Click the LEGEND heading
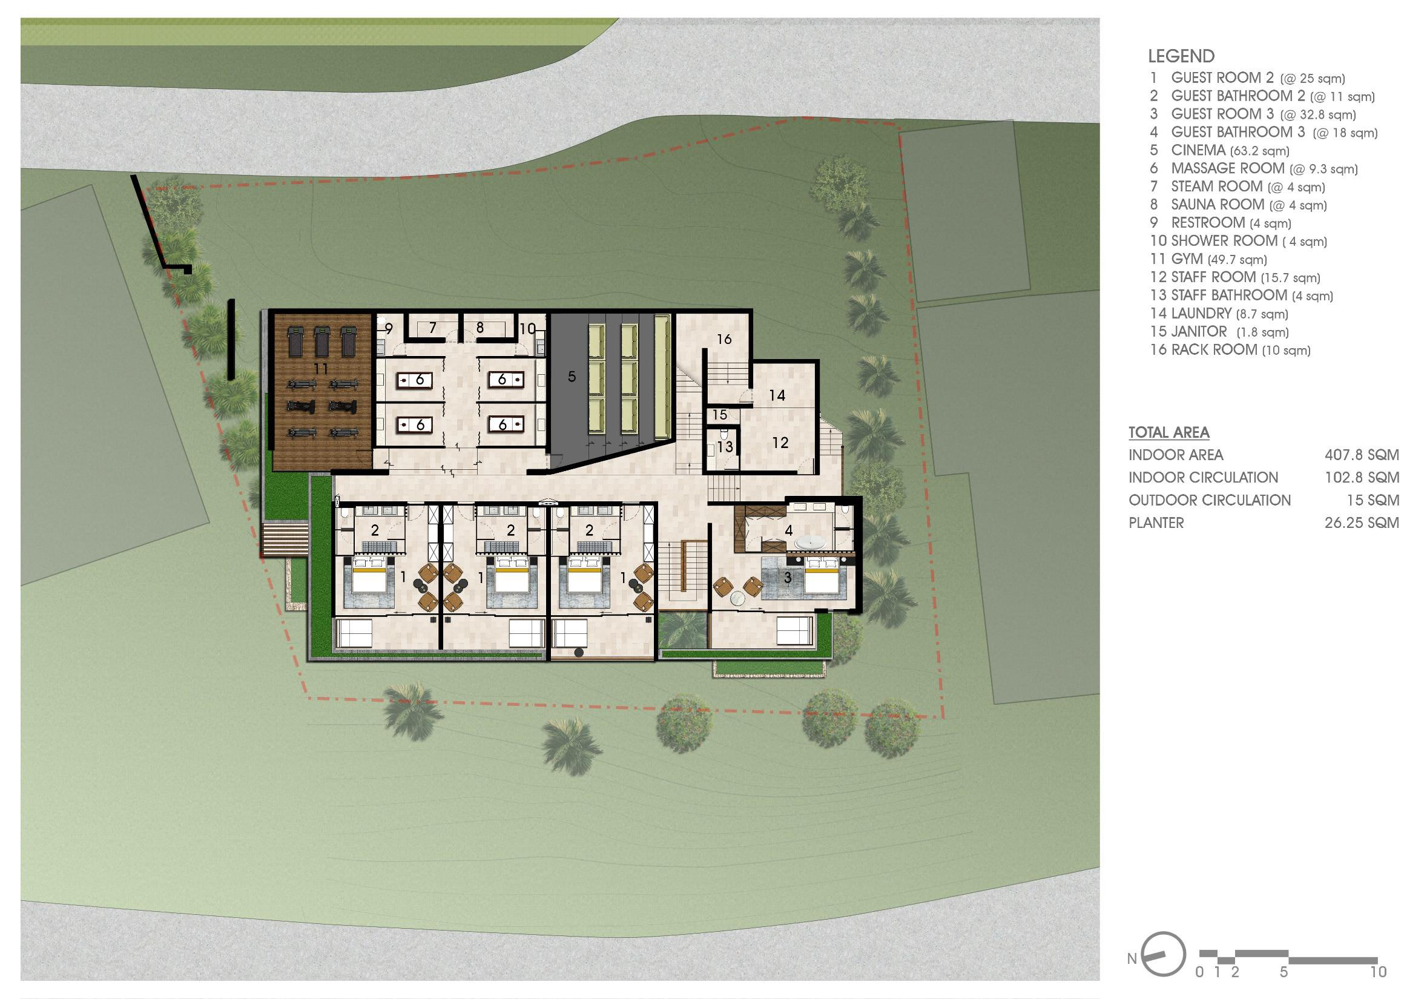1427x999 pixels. coord(1181,56)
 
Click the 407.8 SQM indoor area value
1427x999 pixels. coord(1362,455)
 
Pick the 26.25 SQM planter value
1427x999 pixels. coord(1362,523)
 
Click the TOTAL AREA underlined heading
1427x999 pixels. coord(1169,433)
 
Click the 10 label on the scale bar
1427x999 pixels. coord(1378,972)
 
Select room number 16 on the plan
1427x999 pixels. coord(724,340)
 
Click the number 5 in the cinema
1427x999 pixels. coord(572,376)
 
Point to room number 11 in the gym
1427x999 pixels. coord(320,369)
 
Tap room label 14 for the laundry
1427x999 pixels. coord(777,395)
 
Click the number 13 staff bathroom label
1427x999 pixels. coord(725,447)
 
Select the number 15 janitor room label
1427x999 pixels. coord(720,415)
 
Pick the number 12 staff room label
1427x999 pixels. coord(780,443)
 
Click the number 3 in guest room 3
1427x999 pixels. coord(788,578)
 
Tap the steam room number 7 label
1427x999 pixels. coord(432,328)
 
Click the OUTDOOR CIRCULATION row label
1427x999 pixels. coord(1210,501)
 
